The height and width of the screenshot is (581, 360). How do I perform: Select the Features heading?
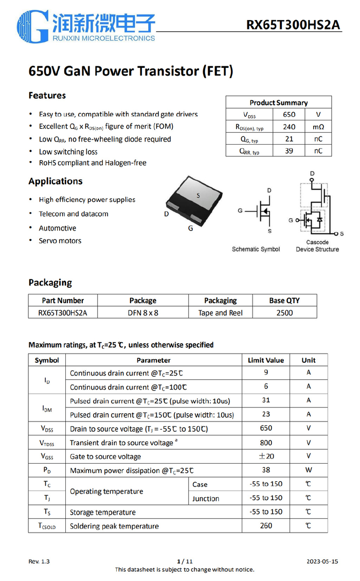[x=47, y=95]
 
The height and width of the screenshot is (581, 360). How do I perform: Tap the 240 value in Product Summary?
[x=289, y=127]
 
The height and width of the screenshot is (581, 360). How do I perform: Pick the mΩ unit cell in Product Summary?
[x=318, y=127]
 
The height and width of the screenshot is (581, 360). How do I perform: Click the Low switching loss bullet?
[x=68, y=151]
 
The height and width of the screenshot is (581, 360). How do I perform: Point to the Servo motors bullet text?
[x=60, y=241]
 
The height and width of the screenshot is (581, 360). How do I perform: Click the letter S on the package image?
[x=198, y=196]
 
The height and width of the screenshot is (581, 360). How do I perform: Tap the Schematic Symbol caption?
[x=256, y=249]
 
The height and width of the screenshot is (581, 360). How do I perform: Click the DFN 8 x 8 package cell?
[x=143, y=312]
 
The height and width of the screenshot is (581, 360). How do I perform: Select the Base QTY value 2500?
[x=284, y=312]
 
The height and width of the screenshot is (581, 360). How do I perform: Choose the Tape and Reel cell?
[x=220, y=312]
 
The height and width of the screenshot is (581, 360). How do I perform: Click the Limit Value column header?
[x=265, y=360]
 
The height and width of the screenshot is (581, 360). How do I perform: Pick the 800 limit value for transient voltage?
[x=266, y=443]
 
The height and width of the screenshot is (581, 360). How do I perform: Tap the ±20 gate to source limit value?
[x=266, y=456]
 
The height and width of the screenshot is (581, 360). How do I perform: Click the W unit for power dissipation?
[x=309, y=470]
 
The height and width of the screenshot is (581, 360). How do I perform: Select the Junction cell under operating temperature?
[x=206, y=498]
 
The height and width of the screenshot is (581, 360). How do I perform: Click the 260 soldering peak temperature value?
[x=266, y=526]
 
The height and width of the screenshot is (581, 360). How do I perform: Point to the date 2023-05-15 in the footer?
[x=322, y=561]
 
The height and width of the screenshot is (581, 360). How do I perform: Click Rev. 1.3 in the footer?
[x=39, y=561]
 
